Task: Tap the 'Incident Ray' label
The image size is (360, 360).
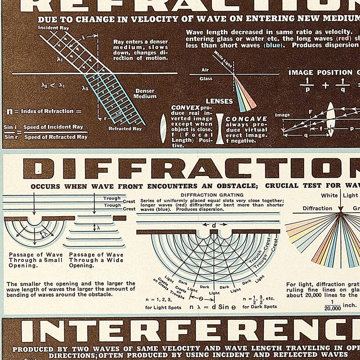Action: click(53, 28)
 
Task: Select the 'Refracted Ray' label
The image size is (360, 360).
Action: click(125, 129)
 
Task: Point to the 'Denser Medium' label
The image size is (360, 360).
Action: click(145, 94)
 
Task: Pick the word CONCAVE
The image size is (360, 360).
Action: click(246, 119)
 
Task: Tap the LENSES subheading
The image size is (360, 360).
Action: click(219, 101)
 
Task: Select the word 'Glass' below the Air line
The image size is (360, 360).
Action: click(206, 79)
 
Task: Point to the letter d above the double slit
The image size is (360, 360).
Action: click(214, 225)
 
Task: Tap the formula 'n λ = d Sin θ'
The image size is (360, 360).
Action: click(213, 307)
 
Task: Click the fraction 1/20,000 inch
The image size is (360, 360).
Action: click(333, 305)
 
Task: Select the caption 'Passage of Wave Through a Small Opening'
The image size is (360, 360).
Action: click(36, 260)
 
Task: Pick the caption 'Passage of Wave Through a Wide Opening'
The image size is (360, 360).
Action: click(96, 260)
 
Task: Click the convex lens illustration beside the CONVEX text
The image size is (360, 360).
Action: click(164, 128)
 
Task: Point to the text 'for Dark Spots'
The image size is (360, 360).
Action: click(260, 307)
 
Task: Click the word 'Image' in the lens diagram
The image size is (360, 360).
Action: click(282, 115)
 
